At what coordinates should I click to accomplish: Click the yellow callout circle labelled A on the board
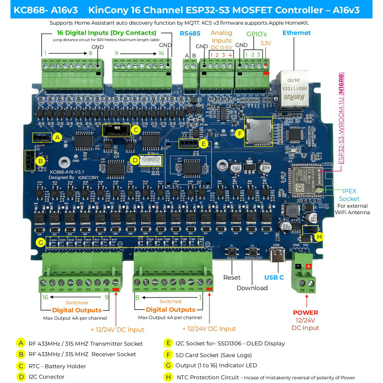[x=57, y=137]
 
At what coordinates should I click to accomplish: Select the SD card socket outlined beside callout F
[x=258, y=131]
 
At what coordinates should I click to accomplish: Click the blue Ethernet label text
[x=296, y=33]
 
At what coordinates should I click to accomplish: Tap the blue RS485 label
[x=190, y=33]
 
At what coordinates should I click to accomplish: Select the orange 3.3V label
[x=266, y=43]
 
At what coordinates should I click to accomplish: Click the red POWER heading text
[x=305, y=313]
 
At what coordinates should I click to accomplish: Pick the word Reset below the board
[x=232, y=278]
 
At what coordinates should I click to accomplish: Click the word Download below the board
[x=252, y=288]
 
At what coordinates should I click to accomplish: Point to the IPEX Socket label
[x=349, y=195]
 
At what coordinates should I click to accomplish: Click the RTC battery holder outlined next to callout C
[x=116, y=130]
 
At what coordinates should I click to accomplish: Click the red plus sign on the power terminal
[x=309, y=266]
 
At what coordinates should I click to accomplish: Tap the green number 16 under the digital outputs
[x=45, y=297]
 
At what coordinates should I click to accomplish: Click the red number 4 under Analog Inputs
[x=230, y=55]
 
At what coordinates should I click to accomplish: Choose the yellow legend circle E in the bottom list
[x=168, y=343]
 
